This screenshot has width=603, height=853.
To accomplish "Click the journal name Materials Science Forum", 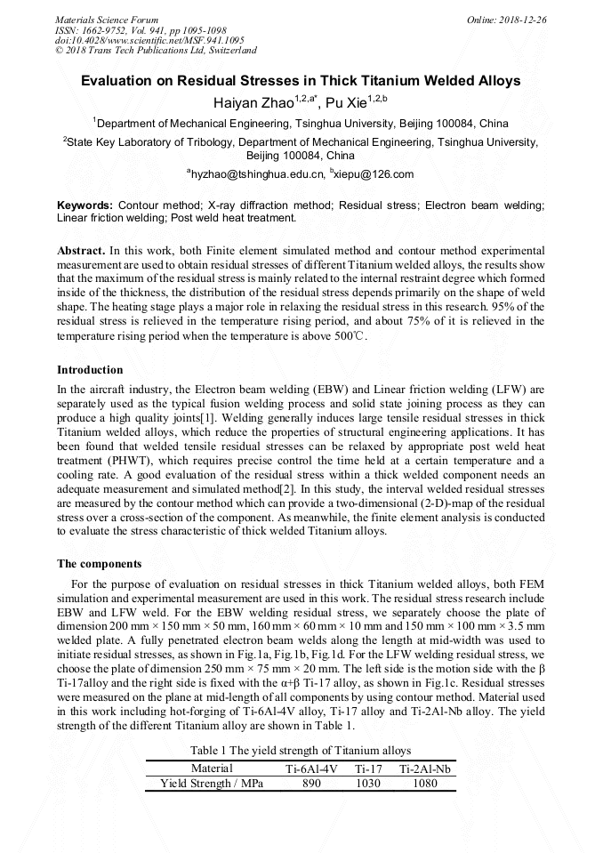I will click(107, 19).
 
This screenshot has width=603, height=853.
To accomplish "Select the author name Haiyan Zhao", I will click(261, 103).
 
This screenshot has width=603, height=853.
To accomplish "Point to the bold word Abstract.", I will click(80, 252).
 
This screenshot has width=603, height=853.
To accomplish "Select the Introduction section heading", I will click(90, 369).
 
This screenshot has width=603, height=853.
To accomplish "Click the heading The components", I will click(99, 563).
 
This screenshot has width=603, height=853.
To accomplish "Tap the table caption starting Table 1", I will click(301, 749).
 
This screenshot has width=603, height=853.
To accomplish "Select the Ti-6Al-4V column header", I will click(311, 769).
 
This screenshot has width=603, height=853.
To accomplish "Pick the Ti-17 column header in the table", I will click(367, 769).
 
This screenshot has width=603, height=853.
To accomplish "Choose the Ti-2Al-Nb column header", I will click(425, 769).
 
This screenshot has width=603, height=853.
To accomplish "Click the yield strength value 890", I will click(311, 784).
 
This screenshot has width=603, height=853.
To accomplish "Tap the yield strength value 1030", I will click(367, 784).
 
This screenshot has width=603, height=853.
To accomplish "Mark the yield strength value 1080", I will click(425, 784).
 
